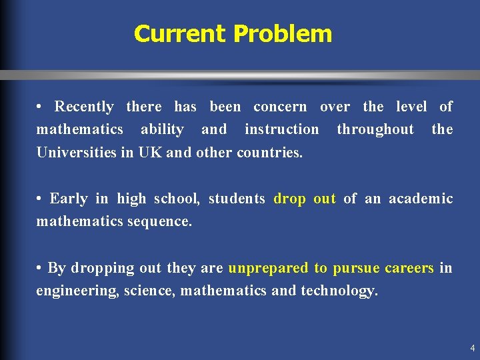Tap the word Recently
point(84,107)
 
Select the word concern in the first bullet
point(280,107)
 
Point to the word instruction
point(281,129)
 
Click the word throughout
point(375,129)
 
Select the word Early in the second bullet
point(69,199)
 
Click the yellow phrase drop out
point(305,199)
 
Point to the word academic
point(421,199)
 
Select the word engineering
point(78,291)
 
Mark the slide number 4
point(472,348)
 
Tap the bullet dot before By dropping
point(40,268)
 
